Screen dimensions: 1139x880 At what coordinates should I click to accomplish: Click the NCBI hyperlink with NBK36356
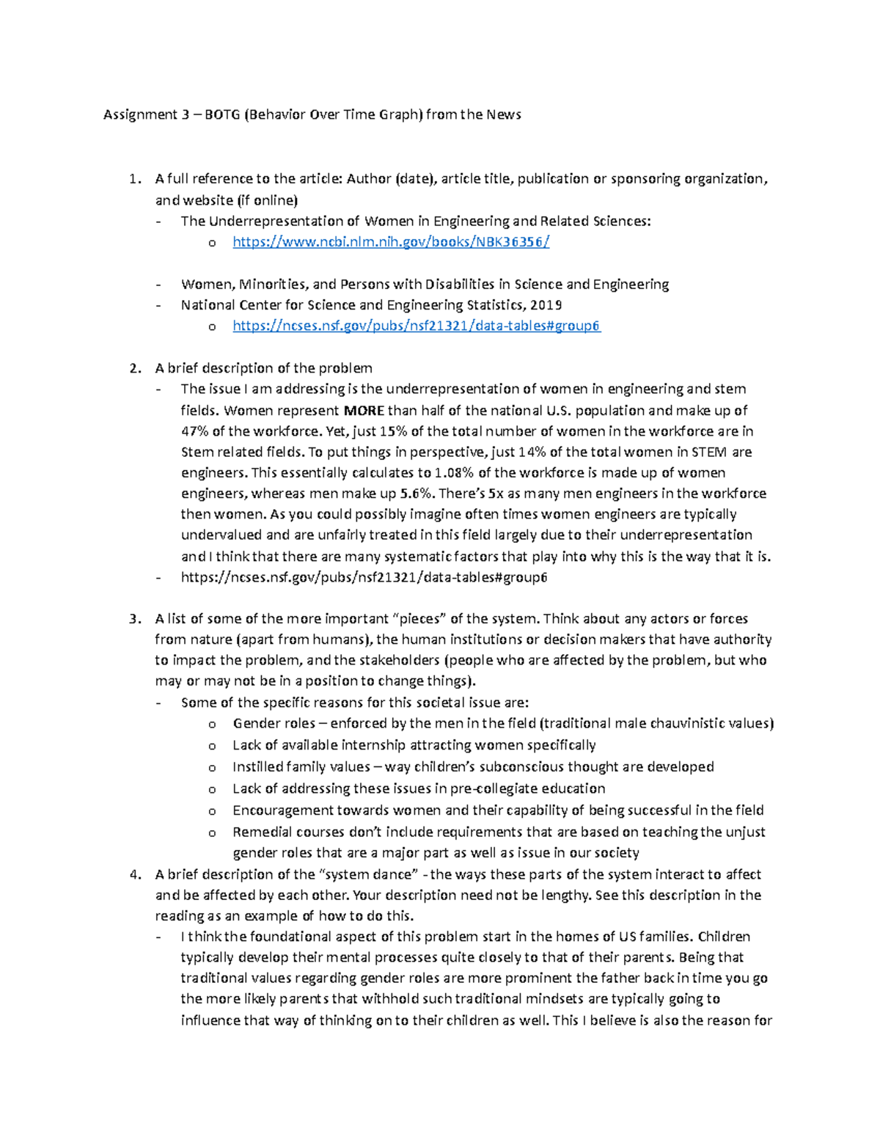pyautogui.click(x=391, y=242)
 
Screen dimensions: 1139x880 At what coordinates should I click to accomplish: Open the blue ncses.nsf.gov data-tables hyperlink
pyautogui.click(x=417, y=326)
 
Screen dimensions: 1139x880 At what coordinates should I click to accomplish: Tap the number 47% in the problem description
pyautogui.click(x=194, y=431)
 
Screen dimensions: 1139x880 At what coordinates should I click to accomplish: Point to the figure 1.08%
pyautogui.click(x=455, y=473)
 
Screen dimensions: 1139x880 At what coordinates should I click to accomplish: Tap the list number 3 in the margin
pyautogui.click(x=134, y=619)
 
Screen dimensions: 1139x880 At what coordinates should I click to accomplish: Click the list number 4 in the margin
pyautogui.click(x=134, y=874)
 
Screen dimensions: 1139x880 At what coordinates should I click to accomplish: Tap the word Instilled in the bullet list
pyautogui.click(x=255, y=767)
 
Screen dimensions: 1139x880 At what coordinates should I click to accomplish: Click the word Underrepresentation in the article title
pyautogui.click(x=276, y=221)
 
